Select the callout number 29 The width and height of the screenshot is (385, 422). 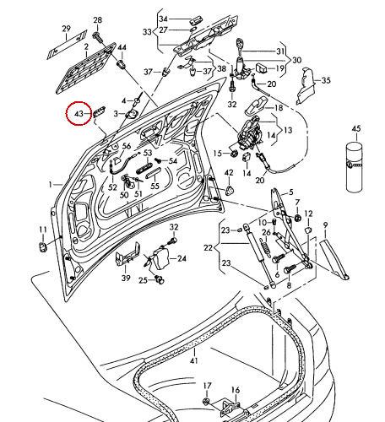click(x=67, y=29)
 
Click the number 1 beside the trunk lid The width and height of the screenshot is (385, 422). click(x=50, y=183)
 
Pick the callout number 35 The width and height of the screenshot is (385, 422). click(x=326, y=81)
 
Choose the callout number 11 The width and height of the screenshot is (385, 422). click(x=42, y=230)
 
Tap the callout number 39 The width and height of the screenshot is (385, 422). click(x=125, y=278)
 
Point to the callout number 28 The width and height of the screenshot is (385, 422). click(x=97, y=19)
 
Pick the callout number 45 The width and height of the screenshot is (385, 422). click(x=355, y=128)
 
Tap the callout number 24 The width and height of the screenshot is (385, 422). click(x=180, y=258)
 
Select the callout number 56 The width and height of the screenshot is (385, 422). click(x=127, y=146)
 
